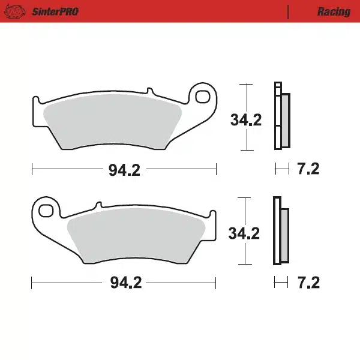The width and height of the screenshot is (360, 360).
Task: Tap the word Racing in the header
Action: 334,11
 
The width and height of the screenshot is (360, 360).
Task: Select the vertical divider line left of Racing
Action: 289,11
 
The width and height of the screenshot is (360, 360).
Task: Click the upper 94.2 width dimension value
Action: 124,170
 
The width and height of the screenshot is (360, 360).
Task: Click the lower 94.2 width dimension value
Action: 125,283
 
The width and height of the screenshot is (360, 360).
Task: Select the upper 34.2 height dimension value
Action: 246,120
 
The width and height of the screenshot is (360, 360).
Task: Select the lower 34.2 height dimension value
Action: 244,233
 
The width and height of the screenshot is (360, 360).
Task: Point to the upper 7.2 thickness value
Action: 308,169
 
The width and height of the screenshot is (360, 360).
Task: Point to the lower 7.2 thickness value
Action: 308,282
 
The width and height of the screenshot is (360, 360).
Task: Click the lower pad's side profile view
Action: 280,232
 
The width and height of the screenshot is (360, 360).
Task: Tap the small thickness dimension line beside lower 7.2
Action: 281,282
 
